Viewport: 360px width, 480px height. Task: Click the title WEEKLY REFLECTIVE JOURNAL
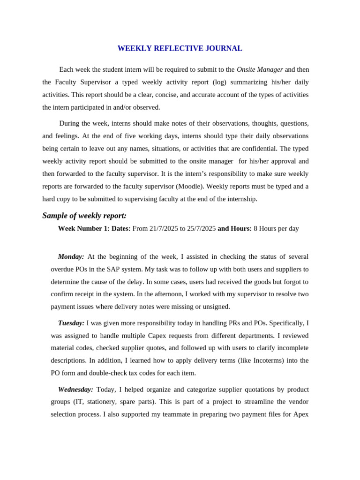[180, 48]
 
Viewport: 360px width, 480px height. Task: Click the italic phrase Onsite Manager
[260, 69]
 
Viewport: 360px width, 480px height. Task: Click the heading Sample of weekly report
[84, 216]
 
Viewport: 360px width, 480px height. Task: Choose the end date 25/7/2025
[201, 229]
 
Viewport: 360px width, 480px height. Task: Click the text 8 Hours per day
[276, 229]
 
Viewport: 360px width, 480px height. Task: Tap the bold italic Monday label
[71, 257]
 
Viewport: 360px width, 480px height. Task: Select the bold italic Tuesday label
[71, 323]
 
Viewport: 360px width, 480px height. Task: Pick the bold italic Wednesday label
[75, 390]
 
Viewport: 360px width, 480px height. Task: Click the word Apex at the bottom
[300, 414]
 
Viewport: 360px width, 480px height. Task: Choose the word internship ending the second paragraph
[241, 199]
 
